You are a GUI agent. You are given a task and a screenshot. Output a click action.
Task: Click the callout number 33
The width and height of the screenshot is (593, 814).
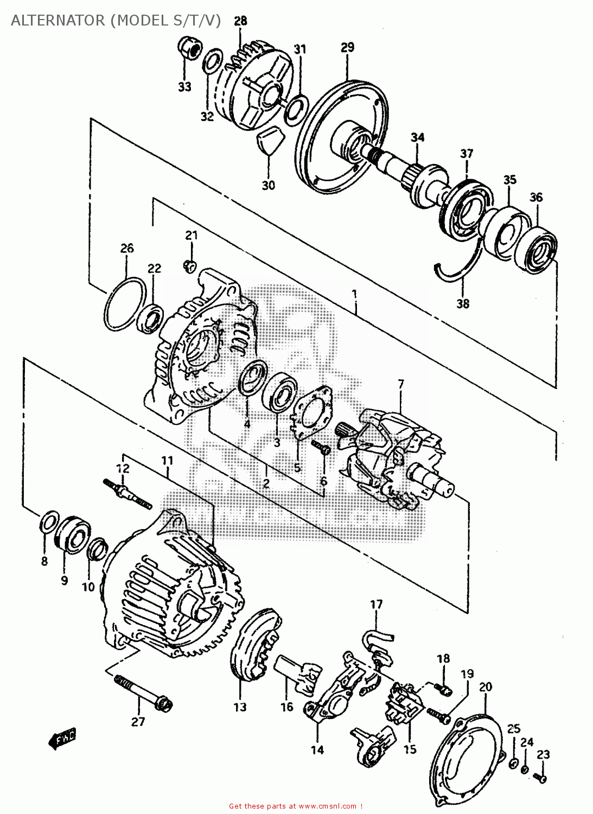(x=184, y=87)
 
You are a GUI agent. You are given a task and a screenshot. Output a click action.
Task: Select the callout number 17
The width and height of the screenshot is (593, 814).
(x=377, y=604)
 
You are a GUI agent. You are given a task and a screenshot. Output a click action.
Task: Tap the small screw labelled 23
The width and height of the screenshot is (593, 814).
(x=540, y=778)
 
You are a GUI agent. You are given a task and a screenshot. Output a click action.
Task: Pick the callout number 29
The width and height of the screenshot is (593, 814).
(x=347, y=47)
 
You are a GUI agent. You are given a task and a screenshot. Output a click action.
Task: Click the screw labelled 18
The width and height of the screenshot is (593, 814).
(x=443, y=688)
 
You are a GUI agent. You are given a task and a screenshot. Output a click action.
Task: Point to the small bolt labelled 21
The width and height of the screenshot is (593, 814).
(x=190, y=265)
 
